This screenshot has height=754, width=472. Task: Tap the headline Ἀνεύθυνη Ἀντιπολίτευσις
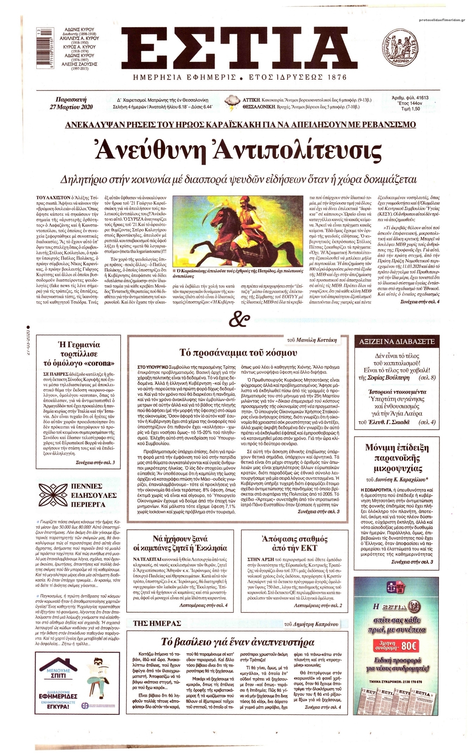tap(236, 152)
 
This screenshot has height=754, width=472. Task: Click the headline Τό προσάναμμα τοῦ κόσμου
tap(238, 353)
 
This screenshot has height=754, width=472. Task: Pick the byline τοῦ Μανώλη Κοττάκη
tap(312, 340)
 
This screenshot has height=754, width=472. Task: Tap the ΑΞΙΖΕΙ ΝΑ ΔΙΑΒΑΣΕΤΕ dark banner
tap(397, 341)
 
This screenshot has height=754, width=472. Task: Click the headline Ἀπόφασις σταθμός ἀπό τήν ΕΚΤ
tap(295, 543)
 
